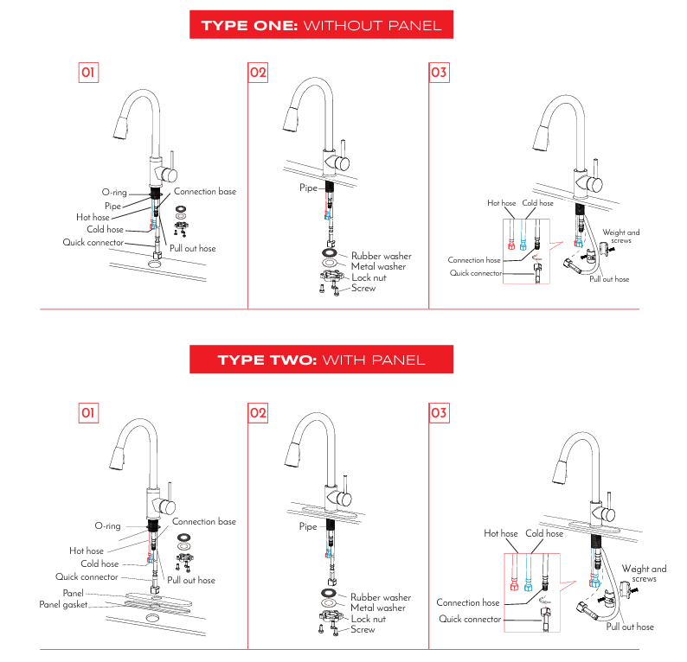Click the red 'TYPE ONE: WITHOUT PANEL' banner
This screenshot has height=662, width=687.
click(321, 25)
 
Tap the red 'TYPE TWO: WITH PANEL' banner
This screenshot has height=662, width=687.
click(321, 359)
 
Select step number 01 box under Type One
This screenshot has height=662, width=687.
click(87, 73)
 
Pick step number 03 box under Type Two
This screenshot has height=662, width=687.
click(439, 413)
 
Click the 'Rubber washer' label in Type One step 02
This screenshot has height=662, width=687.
click(381, 256)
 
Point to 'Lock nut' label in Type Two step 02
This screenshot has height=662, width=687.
click(369, 619)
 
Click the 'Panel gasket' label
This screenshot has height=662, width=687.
click(63, 605)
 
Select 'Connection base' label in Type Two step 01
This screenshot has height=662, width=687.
click(203, 522)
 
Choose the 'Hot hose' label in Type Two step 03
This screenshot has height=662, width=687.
click(500, 534)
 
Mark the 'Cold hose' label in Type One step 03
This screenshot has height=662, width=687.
click(537, 203)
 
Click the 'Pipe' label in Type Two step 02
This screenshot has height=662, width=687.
click(308, 526)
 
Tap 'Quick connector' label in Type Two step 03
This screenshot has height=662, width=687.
click(469, 619)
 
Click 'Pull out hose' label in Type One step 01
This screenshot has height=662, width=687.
click(192, 248)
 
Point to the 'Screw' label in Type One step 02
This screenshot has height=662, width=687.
click(363, 288)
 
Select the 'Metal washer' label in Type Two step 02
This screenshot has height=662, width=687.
click(378, 608)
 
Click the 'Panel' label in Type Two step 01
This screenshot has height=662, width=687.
click(73, 594)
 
